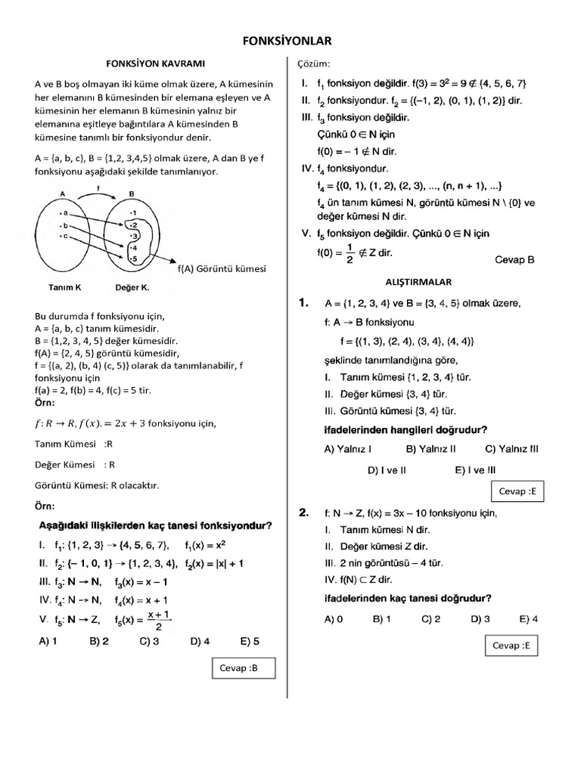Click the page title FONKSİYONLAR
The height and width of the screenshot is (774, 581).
coord(290,40)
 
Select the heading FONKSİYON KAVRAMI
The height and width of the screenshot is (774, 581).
coord(157,64)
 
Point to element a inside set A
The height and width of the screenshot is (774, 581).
coord(65,214)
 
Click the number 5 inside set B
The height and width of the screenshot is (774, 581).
coord(134,259)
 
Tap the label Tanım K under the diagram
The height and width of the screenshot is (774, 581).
coord(67,287)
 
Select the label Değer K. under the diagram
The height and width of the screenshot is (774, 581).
coord(132,287)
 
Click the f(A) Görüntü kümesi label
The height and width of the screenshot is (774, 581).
coord(222,268)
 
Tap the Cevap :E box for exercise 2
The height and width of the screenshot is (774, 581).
coord(516,646)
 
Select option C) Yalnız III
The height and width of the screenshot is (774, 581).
coord(512,448)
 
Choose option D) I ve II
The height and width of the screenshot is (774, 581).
coord(387,469)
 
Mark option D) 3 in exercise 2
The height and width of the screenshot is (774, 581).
coord(480,618)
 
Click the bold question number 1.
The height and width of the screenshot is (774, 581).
coord(304,304)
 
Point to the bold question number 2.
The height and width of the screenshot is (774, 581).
coord(304,513)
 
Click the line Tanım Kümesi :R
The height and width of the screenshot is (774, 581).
coord(73,444)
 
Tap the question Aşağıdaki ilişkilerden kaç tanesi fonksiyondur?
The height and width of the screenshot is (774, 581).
coord(155,525)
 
